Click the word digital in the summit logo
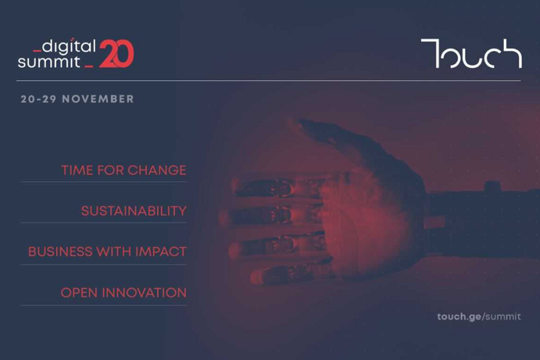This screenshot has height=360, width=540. (69, 46)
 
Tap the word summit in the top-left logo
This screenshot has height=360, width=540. (49, 62)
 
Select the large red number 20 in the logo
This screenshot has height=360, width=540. (116, 54)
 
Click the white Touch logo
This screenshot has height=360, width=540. (471, 53)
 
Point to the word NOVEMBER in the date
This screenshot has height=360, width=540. (98, 99)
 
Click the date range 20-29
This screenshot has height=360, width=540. (38, 99)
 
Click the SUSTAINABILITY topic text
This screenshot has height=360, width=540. (134, 211)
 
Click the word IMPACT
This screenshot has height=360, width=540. (161, 252)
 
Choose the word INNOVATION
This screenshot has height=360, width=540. (144, 293)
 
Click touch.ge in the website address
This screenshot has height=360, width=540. (460, 317)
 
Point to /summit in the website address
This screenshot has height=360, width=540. (501, 316)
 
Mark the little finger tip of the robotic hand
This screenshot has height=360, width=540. (256, 277)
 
